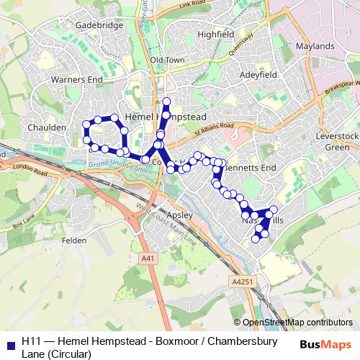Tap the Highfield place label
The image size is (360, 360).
click(215, 34)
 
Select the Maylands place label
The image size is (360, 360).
click(315, 46)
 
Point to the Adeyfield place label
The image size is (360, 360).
click(258, 74)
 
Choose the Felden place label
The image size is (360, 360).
click(74, 243)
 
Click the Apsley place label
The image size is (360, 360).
click(176, 215)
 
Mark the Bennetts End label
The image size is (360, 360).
click(251, 167)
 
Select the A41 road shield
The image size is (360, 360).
click(148, 258)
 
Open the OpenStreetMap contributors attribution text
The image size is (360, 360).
click(297, 322)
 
